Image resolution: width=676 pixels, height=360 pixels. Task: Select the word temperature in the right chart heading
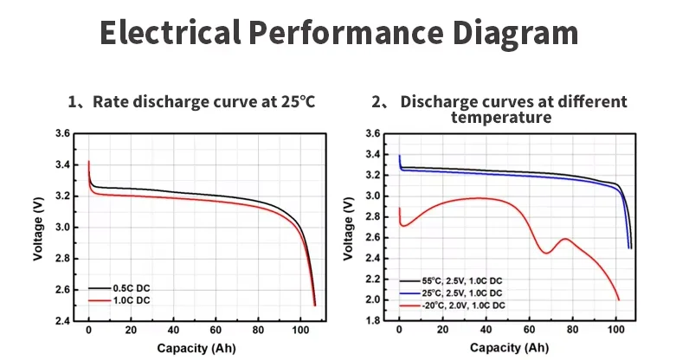point(501,117)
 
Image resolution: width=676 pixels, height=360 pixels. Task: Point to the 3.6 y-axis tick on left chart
point(62,134)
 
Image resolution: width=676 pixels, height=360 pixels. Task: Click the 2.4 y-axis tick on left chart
point(62,321)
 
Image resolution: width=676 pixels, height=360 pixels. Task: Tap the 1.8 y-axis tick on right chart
point(373,321)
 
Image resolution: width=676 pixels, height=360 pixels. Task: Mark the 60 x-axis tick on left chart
point(216,332)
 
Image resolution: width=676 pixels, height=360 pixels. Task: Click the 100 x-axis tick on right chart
point(615,332)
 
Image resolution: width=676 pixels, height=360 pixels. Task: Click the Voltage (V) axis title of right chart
point(348,227)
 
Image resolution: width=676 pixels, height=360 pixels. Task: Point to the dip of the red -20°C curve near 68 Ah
point(546,253)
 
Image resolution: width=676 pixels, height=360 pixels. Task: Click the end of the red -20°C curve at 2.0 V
point(619,299)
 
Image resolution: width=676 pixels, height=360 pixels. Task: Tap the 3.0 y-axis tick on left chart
point(62,228)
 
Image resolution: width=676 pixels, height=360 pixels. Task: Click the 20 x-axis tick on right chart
point(442,332)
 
